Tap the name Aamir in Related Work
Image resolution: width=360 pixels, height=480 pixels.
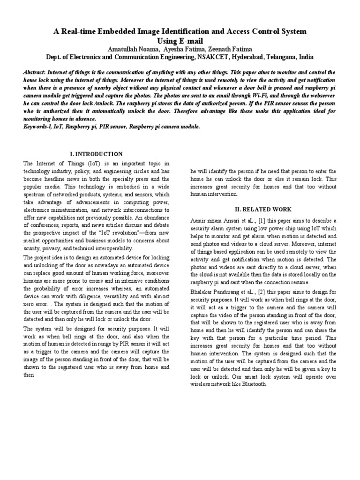[x=198, y=220]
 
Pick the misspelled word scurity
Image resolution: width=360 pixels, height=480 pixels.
[x=33, y=248]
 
